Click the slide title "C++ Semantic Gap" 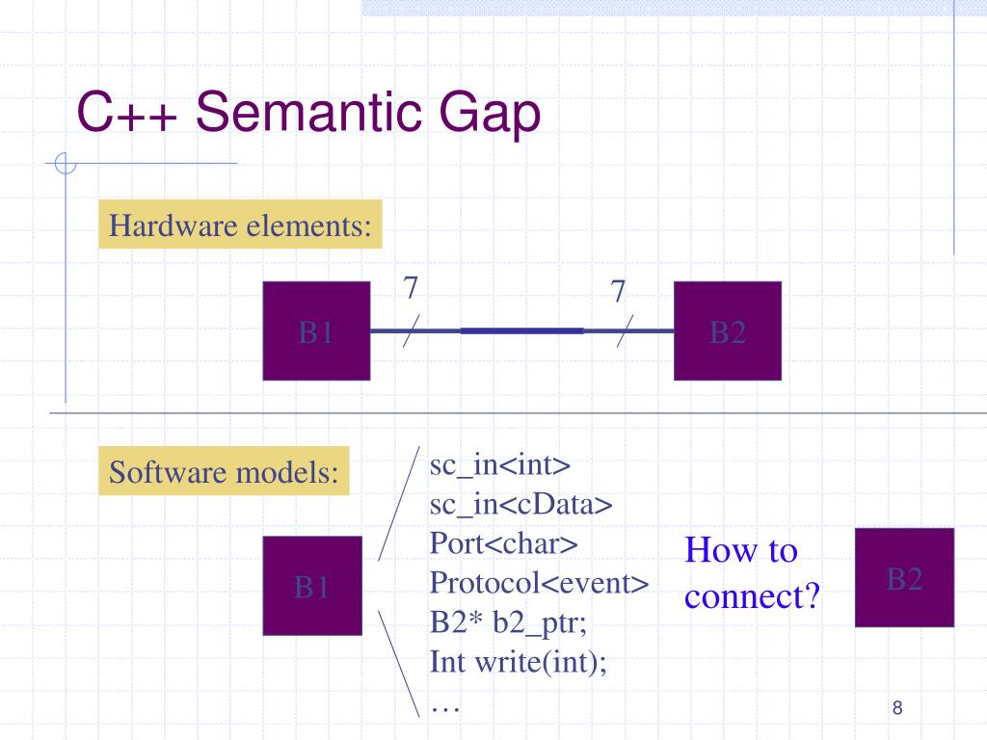click(308, 114)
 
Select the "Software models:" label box click(224, 472)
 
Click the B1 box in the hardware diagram click(316, 330)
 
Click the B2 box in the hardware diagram click(727, 330)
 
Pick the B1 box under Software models click(312, 586)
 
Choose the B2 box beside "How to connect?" click(904, 578)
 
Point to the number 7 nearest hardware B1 click(410, 287)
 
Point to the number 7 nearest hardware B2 click(618, 290)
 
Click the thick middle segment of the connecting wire click(521, 330)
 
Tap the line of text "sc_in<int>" click(500, 465)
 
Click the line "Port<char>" click(504, 543)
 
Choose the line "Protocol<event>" click(539, 583)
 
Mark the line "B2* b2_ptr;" click(508, 622)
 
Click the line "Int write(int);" click(519, 662)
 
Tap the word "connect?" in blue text click(752, 596)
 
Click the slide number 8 click(897, 709)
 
